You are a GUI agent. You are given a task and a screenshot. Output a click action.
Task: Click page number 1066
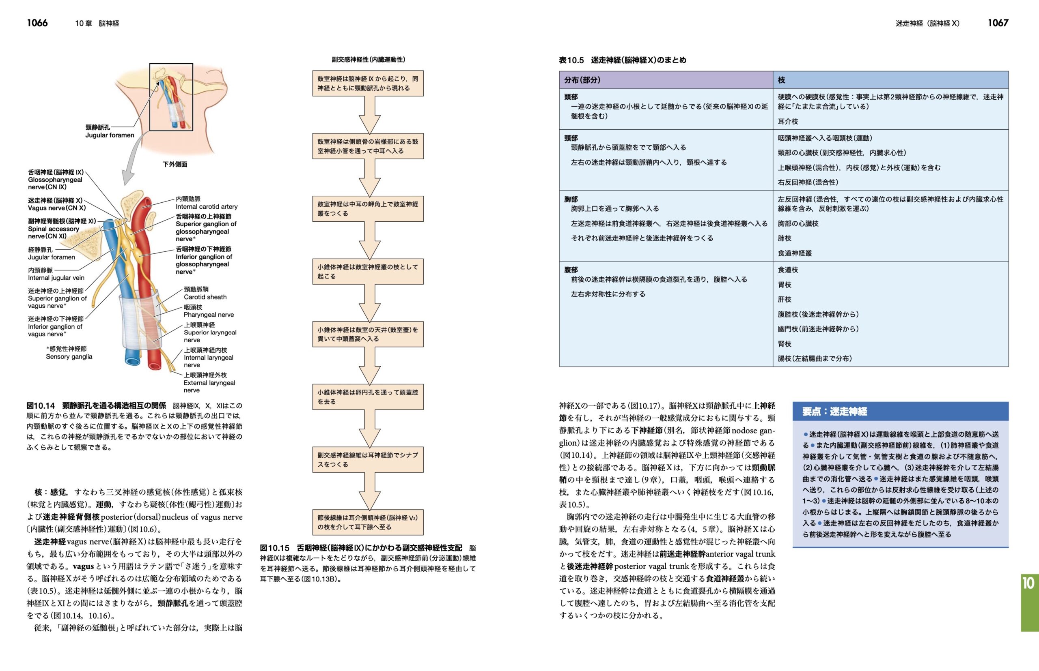[37, 23]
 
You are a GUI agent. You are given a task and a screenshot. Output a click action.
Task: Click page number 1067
[998, 23]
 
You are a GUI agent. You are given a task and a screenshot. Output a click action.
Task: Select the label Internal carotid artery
[206, 203]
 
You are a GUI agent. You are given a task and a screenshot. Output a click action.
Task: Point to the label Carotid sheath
[205, 293]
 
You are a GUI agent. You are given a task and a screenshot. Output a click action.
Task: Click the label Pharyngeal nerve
[209, 311]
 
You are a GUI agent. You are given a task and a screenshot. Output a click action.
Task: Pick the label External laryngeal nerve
[209, 383]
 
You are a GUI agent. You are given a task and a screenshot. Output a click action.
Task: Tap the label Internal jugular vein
[56, 274]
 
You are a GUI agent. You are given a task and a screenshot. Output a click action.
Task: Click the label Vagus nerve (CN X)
[57, 204]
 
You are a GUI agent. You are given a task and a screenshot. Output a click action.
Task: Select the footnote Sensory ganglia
[69, 353]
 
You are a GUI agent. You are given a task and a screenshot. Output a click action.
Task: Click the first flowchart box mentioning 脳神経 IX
[368, 83]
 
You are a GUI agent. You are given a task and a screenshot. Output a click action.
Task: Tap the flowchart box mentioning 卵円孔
[368, 397]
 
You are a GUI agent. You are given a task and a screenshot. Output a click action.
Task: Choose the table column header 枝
[781, 80]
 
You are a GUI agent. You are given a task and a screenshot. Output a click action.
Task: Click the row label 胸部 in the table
[571, 199]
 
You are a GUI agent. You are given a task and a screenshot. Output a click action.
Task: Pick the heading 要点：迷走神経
[834, 411]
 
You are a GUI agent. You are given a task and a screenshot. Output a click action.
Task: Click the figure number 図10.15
[274, 548]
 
